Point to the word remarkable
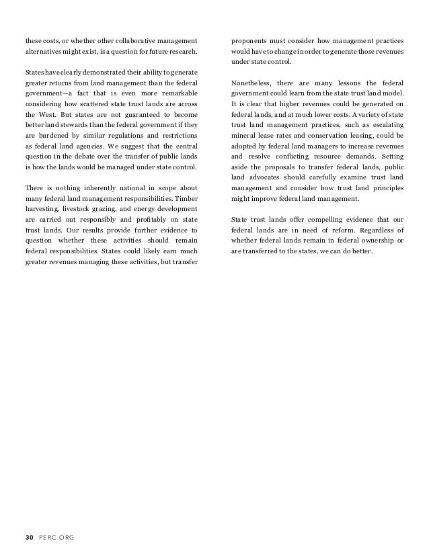pyautogui.click(x=176, y=95)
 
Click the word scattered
pyautogui.click(x=86, y=107)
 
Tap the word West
pyautogui.click(x=42, y=119)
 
